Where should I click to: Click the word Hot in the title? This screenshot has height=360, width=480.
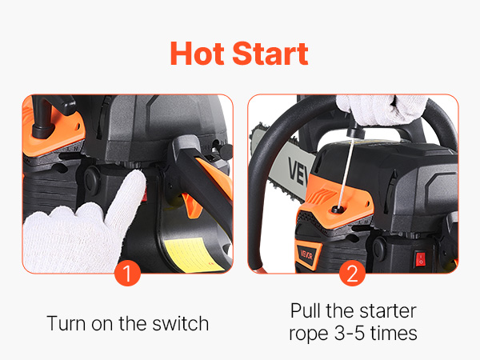point(197,54)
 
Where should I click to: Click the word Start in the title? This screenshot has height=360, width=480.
point(270,54)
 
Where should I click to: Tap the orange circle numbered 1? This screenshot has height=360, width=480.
point(127,274)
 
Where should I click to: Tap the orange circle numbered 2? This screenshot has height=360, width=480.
point(352,274)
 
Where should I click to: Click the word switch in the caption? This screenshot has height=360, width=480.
point(181,324)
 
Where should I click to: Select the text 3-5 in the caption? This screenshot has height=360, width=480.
point(350,334)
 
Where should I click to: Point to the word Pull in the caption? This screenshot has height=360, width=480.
point(306,311)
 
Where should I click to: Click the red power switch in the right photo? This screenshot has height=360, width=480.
point(421,258)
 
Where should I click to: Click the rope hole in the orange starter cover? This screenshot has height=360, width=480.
point(338,210)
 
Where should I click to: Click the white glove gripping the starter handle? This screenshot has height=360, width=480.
point(382,110)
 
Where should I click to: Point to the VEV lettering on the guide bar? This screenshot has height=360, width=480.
point(297,171)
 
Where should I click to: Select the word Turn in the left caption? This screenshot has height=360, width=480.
point(66,324)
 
